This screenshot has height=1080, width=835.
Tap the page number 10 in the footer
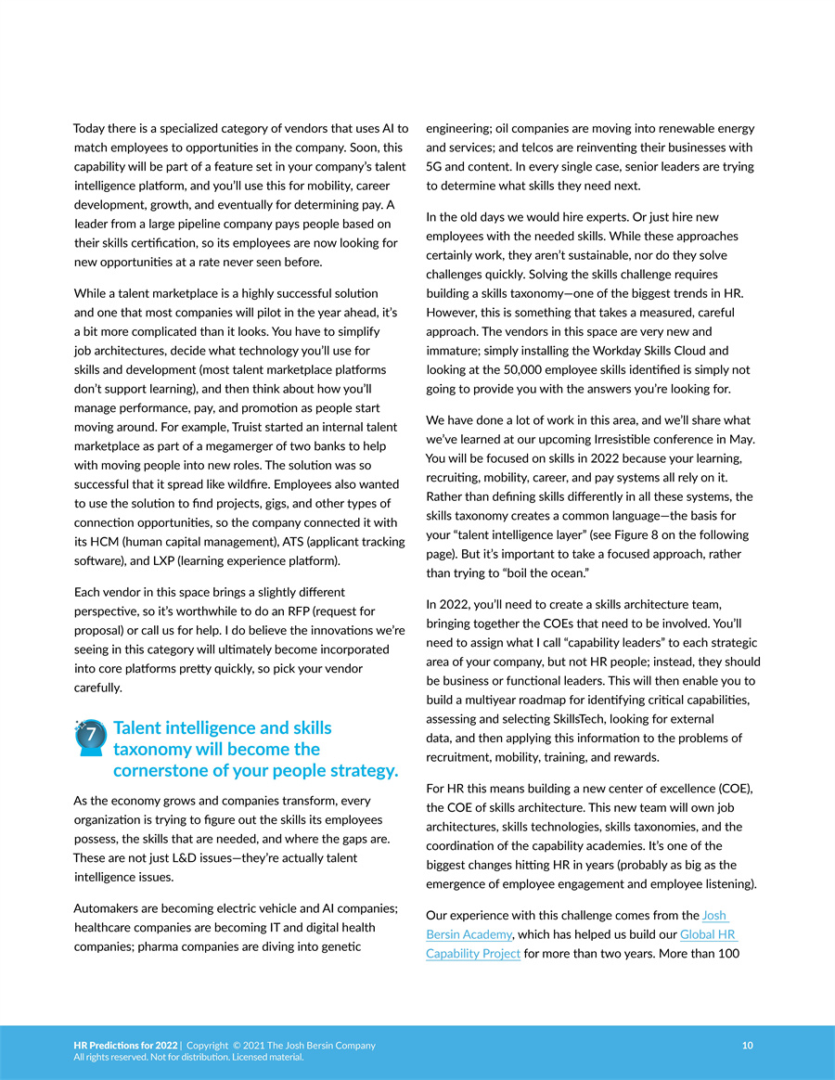(x=748, y=1046)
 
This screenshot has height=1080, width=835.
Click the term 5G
(x=435, y=167)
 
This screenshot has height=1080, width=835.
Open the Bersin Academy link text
(x=469, y=934)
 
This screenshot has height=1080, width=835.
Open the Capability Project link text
(x=473, y=954)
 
